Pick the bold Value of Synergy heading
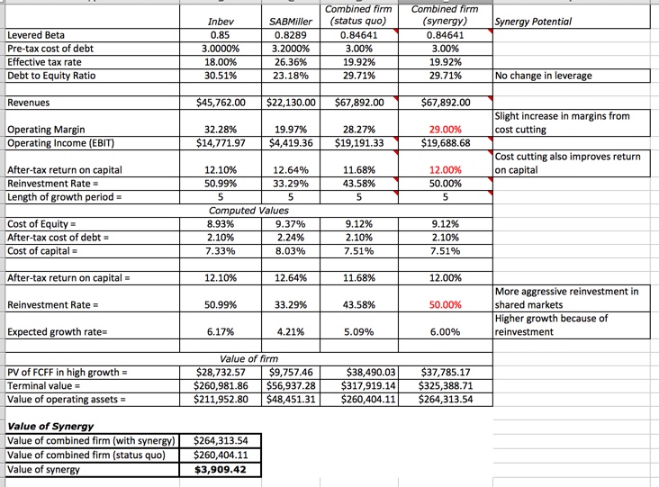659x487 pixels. coord(50,426)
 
